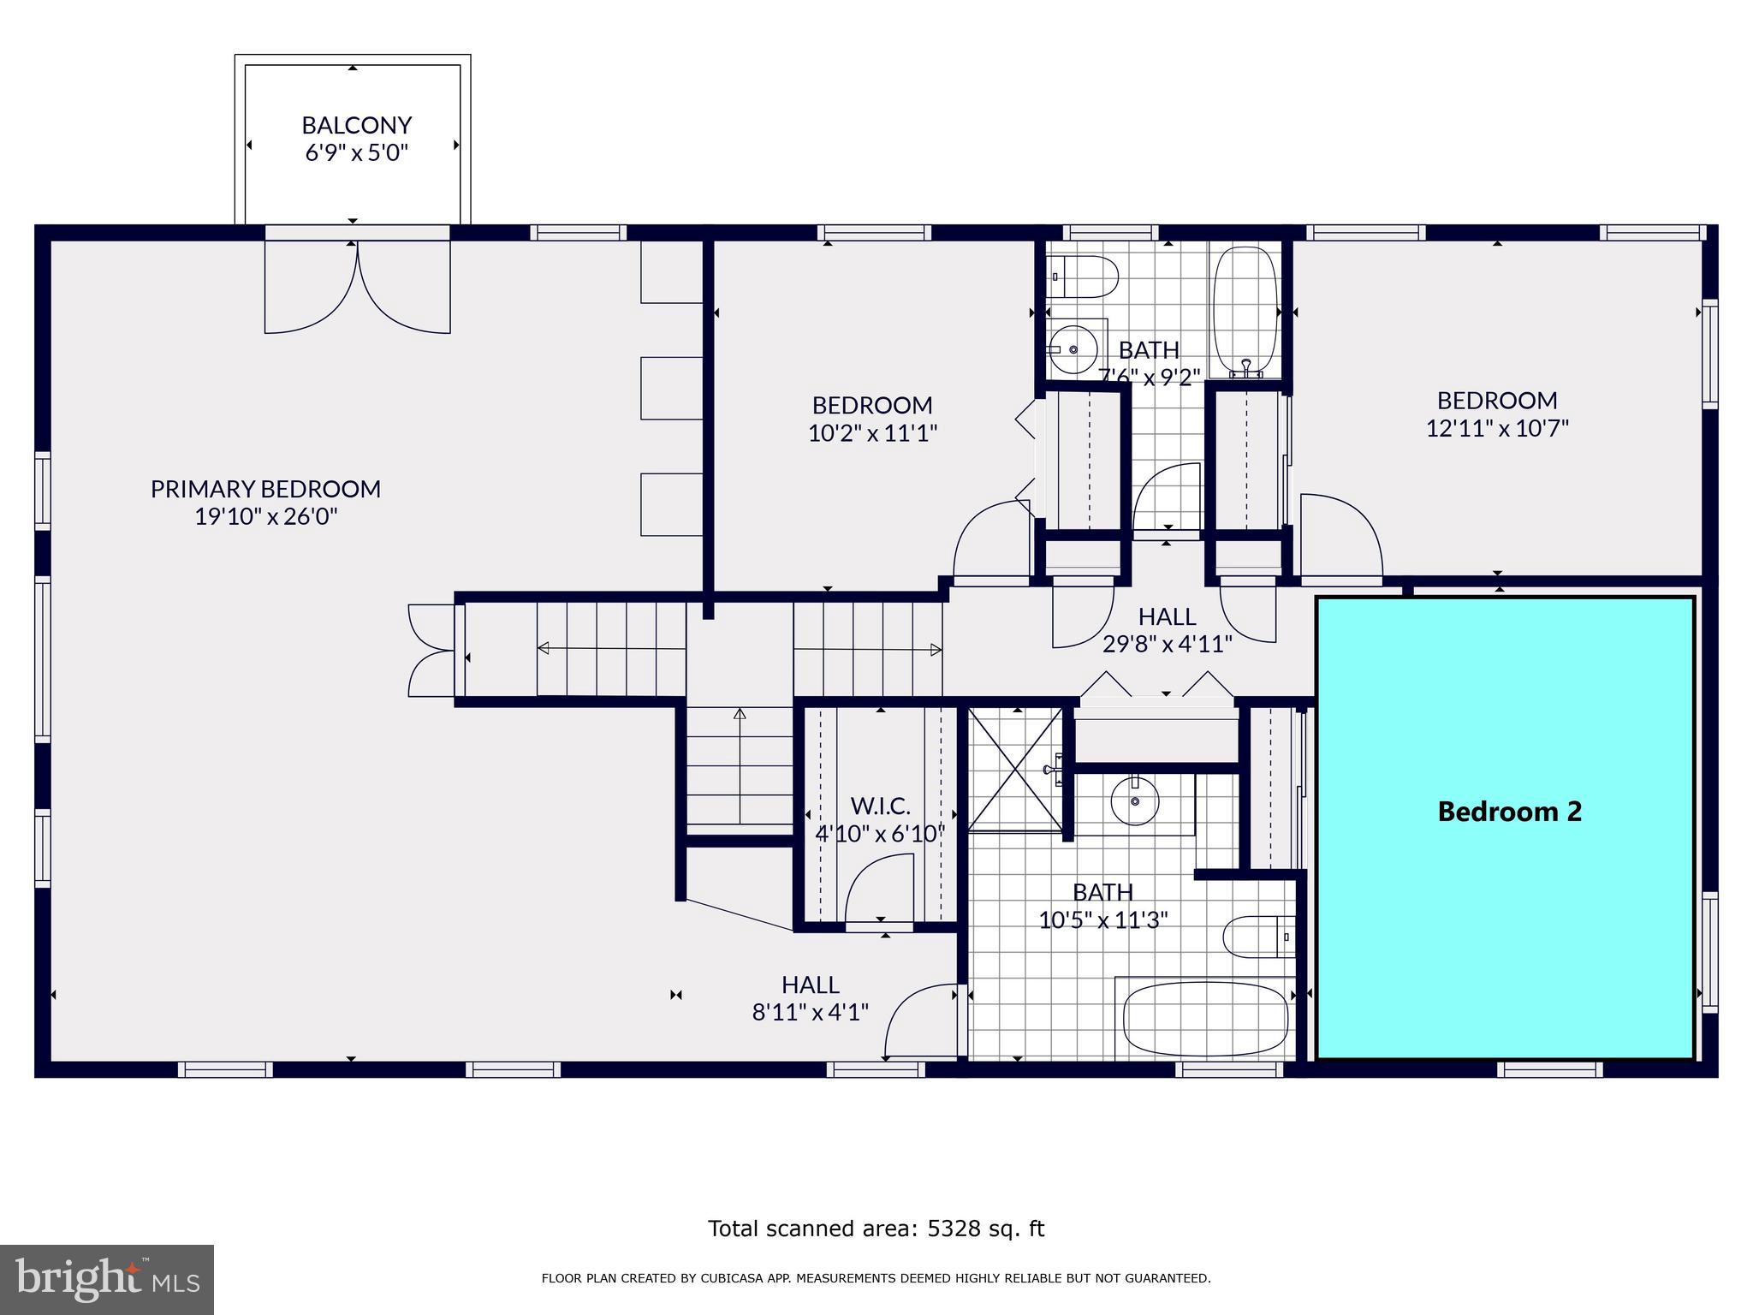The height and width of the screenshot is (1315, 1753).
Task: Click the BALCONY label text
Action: pos(356,125)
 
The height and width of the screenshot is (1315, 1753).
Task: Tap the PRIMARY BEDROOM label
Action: pos(265,489)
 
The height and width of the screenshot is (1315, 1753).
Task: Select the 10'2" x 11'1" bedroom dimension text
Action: pos(872,433)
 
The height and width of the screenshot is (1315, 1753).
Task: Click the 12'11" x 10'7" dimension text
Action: pos(1496,428)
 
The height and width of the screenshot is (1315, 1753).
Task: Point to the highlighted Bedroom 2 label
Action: pos(1509,812)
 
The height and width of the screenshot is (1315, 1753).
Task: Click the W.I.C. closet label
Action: pos(880,806)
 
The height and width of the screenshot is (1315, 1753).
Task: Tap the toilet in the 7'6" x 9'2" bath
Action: pos(1085,277)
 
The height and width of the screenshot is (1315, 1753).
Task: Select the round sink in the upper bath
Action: pos(1073,349)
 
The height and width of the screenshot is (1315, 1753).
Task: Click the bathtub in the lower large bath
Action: pos(1205,1020)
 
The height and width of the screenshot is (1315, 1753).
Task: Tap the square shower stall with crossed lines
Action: pos(1014,768)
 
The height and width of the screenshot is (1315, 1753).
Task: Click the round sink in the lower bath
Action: pos(1135,801)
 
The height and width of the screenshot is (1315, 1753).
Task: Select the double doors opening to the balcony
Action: pos(357,287)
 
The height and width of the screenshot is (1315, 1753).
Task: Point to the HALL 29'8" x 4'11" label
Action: pos(1167,629)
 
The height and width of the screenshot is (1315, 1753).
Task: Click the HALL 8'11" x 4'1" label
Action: pos(810,998)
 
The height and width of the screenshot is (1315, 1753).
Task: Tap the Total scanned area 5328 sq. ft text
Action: pos(876,1229)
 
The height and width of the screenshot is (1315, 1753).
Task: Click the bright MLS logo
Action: pos(106,1279)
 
